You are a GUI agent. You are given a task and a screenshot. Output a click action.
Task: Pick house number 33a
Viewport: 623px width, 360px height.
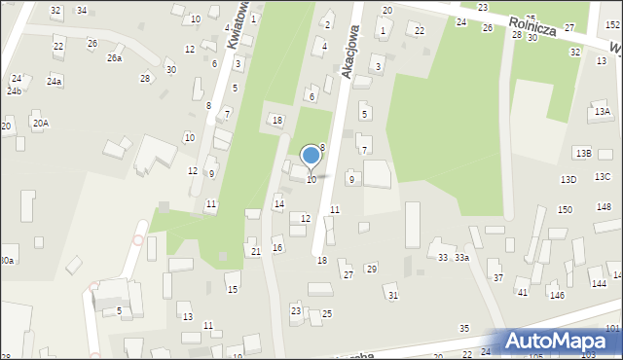[x=461, y=258]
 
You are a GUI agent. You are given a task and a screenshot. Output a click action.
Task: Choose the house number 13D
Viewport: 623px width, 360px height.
[x=568, y=180]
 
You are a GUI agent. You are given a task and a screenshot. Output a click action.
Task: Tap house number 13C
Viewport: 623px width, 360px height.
[x=603, y=176]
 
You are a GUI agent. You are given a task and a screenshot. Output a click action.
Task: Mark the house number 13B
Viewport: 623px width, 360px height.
[x=582, y=154]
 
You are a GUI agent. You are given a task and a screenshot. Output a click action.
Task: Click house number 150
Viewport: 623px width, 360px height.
[x=565, y=210]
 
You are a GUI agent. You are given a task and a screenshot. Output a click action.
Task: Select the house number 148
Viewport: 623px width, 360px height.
[x=604, y=207]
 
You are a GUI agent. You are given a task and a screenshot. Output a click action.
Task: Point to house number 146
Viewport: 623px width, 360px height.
[x=557, y=295]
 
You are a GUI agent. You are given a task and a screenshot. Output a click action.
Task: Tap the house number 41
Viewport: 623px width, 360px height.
[x=522, y=292]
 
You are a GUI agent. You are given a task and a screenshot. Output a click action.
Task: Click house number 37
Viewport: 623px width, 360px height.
[x=498, y=277]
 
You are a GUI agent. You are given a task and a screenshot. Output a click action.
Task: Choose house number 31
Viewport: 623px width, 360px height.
[x=393, y=295]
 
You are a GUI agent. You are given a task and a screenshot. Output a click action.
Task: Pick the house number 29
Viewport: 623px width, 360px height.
[x=371, y=269]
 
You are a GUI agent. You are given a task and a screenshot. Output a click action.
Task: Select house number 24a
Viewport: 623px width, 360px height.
[x=55, y=82]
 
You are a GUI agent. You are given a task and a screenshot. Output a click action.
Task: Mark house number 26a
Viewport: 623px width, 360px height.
[x=115, y=58]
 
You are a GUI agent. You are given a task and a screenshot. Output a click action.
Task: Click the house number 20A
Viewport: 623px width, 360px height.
[x=40, y=124]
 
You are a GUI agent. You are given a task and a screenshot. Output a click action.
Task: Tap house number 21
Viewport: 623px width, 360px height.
[x=256, y=252]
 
